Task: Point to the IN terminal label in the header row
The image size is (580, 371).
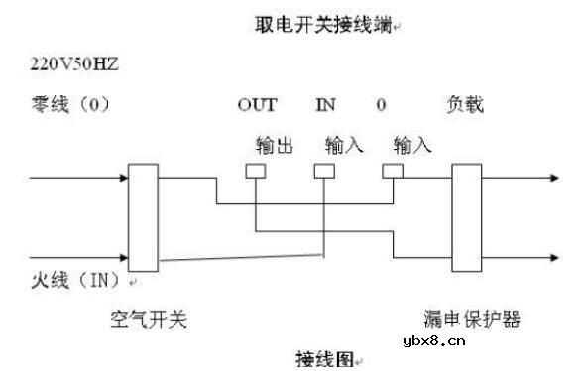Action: (x=326, y=104)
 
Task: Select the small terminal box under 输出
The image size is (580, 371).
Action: (x=256, y=171)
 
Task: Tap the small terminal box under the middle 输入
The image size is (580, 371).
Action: (x=323, y=171)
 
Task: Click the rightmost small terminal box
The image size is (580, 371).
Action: (x=393, y=171)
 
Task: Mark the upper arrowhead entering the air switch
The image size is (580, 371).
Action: (x=123, y=181)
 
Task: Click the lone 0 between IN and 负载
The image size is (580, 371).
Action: (x=382, y=104)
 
